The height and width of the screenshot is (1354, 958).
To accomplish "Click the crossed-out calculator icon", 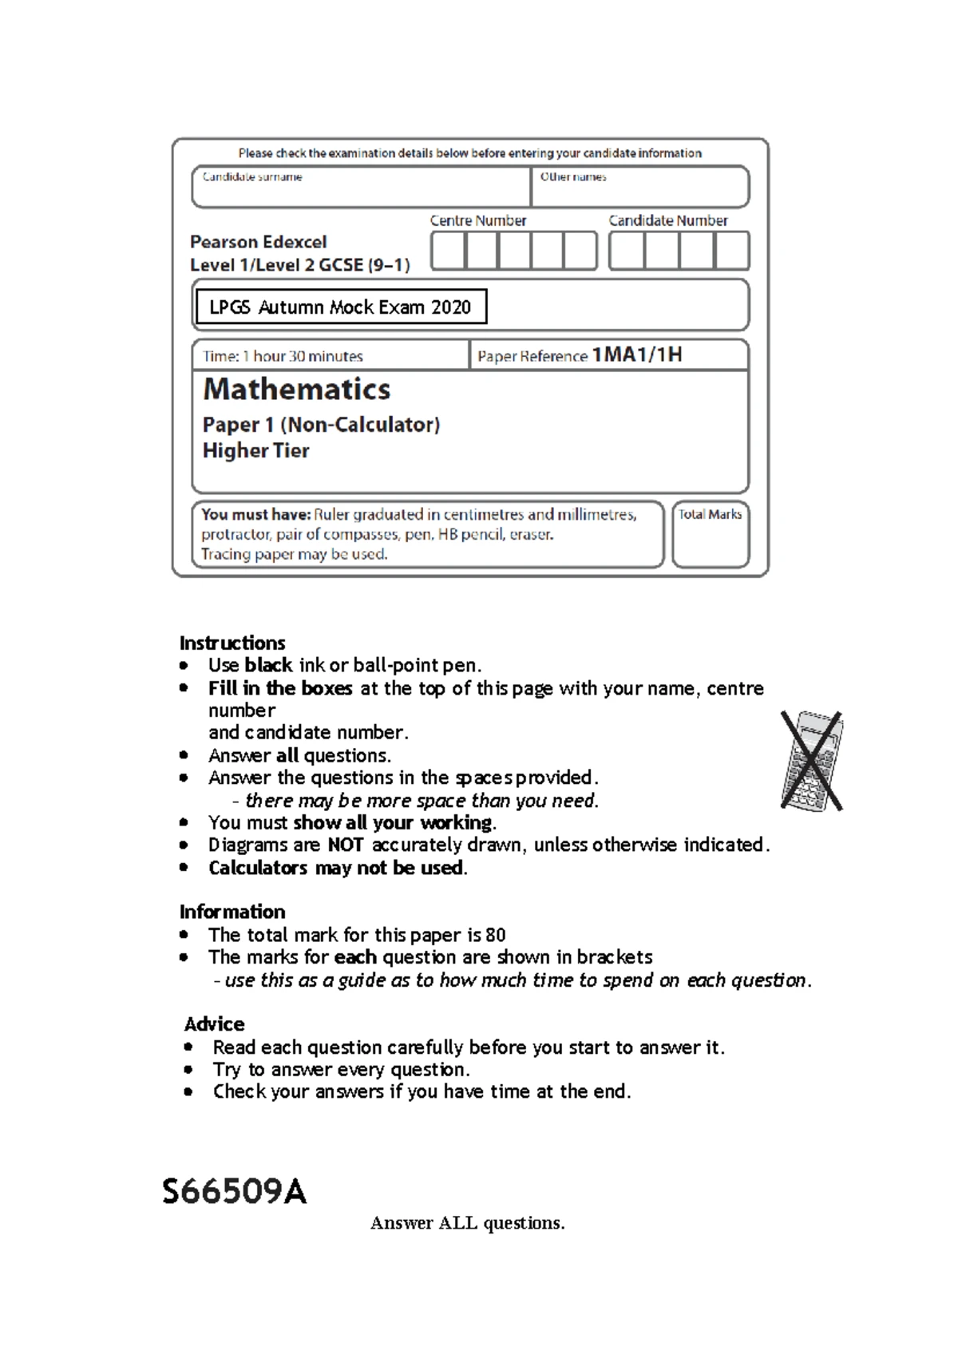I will [x=812, y=761].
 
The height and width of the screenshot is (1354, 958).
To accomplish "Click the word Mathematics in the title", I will [x=297, y=390].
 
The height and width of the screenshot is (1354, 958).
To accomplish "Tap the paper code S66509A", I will [x=234, y=1192].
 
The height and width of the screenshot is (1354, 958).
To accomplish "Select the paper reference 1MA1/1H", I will [x=637, y=355].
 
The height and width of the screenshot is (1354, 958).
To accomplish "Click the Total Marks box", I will [x=710, y=535].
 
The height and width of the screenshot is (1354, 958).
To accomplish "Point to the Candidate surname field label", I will [x=252, y=177].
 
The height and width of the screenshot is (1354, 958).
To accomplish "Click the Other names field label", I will [x=573, y=177].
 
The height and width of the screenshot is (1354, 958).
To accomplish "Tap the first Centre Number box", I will [x=448, y=251].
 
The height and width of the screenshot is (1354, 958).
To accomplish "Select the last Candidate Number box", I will [x=731, y=251].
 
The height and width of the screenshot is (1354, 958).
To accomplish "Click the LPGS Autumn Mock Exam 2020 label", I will [x=341, y=307].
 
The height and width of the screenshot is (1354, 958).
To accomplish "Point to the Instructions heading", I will [x=232, y=643].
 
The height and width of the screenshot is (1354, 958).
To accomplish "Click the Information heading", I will [x=232, y=912].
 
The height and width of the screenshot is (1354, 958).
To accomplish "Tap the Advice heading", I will [x=214, y=1024].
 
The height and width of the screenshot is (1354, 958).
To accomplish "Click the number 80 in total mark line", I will [x=495, y=935].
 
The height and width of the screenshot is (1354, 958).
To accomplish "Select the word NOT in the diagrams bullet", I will [x=346, y=845].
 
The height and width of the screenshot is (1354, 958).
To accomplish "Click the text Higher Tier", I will [x=255, y=451].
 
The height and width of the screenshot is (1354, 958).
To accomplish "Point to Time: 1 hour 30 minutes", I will [x=283, y=356].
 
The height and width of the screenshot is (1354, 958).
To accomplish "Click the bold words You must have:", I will [x=255, y=515].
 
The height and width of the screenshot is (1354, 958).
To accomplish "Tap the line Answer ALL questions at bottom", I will [x=467, y=1223].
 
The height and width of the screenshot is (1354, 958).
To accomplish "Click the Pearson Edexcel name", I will [x=259, y=242].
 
